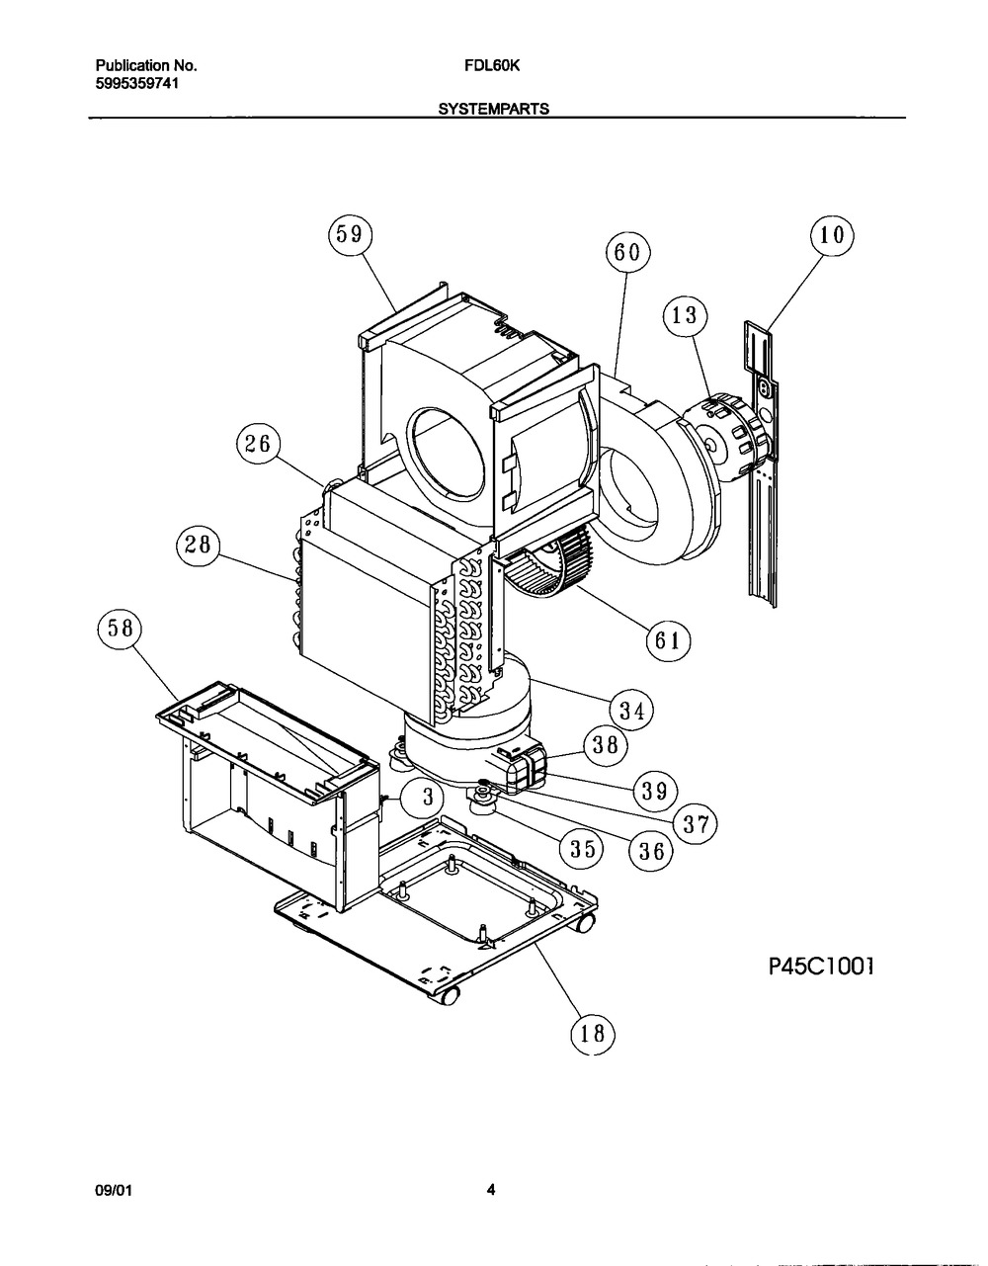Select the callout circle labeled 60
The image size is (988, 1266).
click(x=628, y=253)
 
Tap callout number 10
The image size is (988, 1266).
click(x=831, y=235)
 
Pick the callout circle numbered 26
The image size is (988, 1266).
click(x=258, y=445)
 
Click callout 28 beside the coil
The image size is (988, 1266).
click(x=201, y=548)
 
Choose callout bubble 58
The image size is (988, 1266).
click(x=121, y=631)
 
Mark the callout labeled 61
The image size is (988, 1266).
click(x=667, y=640)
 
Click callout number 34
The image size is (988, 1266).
click(x=631, y=710)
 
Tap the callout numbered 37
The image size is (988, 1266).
click(x=695, y=822)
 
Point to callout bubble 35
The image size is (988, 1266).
click(x=581, y=848)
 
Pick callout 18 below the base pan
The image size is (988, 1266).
click(x=592, y=1034)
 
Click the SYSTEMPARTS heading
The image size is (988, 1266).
click(x=494, y=110)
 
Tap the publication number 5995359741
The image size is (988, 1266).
click(x=137, y=83)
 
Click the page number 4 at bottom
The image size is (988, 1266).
click(x=490, y=1191)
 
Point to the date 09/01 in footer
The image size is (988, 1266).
click(x=112, y=1191)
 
